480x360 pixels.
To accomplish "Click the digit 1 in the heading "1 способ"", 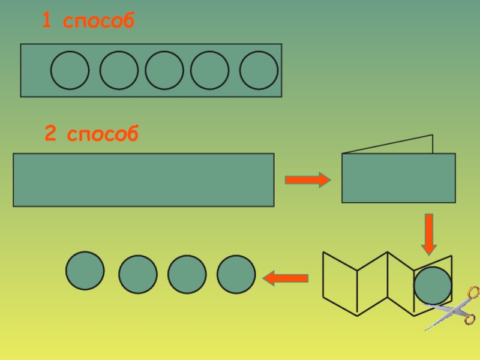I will click(x=46, y=22).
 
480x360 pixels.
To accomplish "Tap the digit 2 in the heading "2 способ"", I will click(x=51, y=134).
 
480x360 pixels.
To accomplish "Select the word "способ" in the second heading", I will click(x=103, y=136).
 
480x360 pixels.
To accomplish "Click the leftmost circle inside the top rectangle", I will click(x=70, y=71).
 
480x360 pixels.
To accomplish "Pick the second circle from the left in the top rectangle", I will click(x=119, y=71).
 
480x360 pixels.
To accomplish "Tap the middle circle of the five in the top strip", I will click(x=164, y=71).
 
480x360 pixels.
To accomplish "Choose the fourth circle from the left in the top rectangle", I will click(x=210, y=71).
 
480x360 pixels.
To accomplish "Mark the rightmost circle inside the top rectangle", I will click(x=259, y=71).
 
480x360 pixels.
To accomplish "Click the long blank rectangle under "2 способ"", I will click(x=143, y=180).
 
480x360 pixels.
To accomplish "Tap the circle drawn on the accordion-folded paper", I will click(x=433, y=286).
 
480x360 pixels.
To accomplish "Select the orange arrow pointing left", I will click(x=286, y=278).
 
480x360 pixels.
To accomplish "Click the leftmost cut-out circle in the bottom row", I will click(x=85, y=271).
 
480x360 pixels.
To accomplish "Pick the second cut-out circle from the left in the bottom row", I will click(x=138, y=274).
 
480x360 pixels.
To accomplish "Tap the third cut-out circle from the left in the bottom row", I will click(x=187, y=274).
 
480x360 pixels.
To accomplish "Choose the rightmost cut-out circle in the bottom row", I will click(x=236, y=274).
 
